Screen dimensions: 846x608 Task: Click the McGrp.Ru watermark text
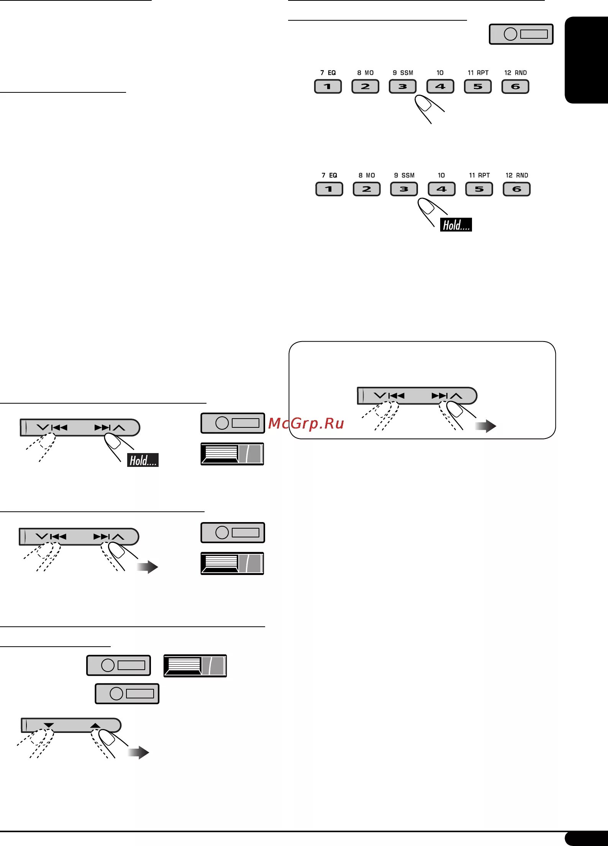pyautogui.click(x=306, y=424)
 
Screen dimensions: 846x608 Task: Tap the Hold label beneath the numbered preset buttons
pyautogui.click(x=456, y=225)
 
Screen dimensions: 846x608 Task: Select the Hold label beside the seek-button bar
pyautogui.click(x=143, y=460)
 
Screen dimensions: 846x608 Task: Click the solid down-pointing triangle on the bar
pyautogui.click(x=49, y=725)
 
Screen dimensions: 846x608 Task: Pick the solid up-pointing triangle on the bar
pyautogui.click(x=95, y=725)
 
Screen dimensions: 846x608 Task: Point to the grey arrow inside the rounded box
pyautogui.click(x=485, y=426)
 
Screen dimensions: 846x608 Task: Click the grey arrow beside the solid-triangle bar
pyautogui.click(x=138, y=752)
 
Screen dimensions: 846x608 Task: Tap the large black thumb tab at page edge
pyautogui.click(x=586, y=60)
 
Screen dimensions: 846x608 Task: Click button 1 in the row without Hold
pyautogui.click(x=328, y=87)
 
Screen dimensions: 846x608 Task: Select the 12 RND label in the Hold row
pyautogui.click(x=517, y=176)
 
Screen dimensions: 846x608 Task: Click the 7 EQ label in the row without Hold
pyautogui.click(x=328, y=73)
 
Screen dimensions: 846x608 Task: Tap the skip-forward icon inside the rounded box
pyautogui.click(x=439, y=396)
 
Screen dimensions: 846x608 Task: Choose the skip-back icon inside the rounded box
pyautogui.click(x=396, y=396)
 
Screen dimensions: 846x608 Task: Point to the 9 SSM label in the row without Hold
pyautogui.click(x=403, y=73)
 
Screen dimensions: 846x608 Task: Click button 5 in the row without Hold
pyautogui.click(x=478, y=87)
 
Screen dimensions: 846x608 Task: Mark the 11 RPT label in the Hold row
pyautogui.click(x=479, y=176)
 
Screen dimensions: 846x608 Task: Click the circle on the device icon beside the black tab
pyautogui.click(x=510, y=34)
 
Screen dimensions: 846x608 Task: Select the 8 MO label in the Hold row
pyautogui.click(x=367, y=176)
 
